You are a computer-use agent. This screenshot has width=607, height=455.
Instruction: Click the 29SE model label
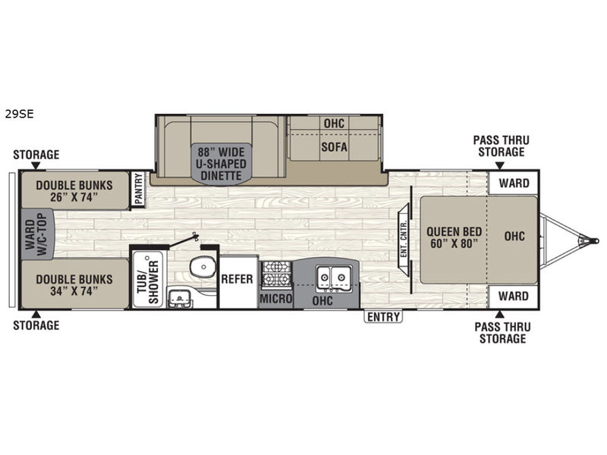(20, 115)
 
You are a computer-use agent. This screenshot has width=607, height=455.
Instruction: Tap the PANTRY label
(139, 189)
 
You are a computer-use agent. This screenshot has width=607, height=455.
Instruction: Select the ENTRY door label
(383, 317)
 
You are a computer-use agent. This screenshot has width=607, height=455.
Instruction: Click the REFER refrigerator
(238, 281)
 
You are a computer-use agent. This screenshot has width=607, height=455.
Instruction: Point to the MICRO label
(275, 299)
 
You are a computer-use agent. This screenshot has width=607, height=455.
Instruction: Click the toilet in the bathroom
(202, 267)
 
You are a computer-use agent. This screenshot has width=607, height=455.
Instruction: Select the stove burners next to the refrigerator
(276, 275)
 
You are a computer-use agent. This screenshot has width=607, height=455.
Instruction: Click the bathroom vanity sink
(179, 297)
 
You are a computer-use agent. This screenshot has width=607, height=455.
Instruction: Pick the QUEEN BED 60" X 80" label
(454, 237)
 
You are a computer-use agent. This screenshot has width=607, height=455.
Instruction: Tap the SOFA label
(334, 147)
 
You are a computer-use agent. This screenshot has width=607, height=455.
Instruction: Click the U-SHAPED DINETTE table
(221, 163)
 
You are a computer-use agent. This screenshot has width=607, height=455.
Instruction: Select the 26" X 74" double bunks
(74, 190)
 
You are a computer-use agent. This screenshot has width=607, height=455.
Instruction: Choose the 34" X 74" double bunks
(74, 284)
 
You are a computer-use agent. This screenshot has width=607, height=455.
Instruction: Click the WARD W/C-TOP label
(36, 234)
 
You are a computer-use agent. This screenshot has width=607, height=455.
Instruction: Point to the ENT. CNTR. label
(404, 240)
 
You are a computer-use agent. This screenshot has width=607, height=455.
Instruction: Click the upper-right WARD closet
(514, 183)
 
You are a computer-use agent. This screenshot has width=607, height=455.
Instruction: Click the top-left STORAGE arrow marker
(36, 165)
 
